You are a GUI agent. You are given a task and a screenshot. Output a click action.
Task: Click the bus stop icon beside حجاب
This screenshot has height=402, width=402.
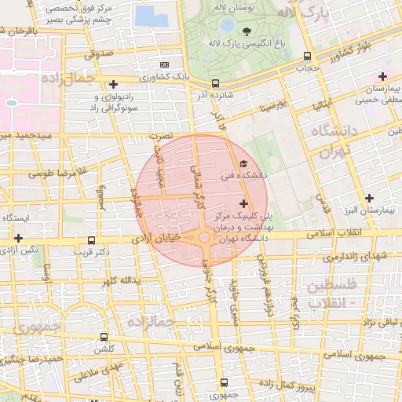[x=306, y=56]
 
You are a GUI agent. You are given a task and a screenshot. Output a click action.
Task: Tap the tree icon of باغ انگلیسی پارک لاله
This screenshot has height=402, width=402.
[x=247, y=32]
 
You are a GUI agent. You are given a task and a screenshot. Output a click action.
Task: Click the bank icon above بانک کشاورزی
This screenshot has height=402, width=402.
[x=164, y=64]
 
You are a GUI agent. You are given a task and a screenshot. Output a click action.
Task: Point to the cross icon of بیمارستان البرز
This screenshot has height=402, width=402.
[x=368, y=198]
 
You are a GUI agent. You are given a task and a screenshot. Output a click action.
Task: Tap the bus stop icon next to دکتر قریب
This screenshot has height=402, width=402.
[x=92, y=240]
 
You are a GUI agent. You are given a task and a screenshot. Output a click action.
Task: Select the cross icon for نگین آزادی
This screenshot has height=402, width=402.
[x=18, y=237]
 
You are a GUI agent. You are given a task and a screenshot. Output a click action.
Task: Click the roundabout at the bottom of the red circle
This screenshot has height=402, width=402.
[x=203, y=236]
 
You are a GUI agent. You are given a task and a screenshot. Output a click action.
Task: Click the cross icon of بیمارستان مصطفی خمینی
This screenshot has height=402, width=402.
[x=382, y=76]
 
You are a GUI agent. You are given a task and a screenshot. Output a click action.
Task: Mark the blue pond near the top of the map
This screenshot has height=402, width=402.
[x=145, y=16]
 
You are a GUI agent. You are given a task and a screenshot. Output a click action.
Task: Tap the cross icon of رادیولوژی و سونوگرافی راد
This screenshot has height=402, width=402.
[x=114, y=83]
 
